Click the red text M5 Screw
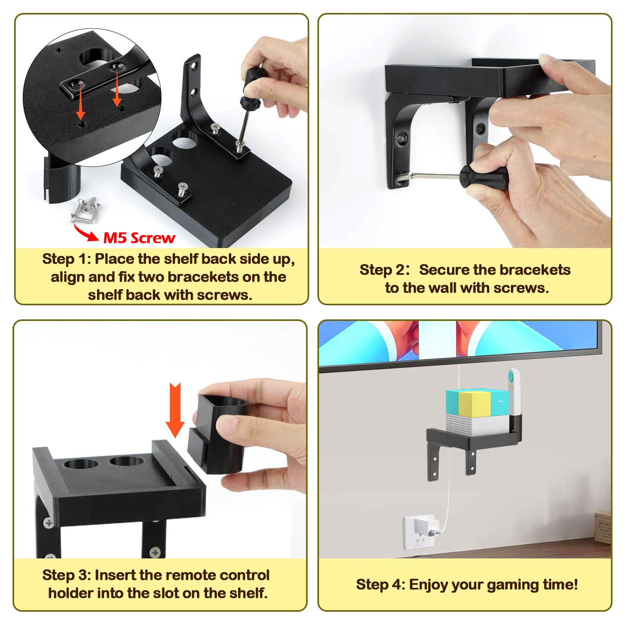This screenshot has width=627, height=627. tap(139, 237)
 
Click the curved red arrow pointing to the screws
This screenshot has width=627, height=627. tap(86, 233)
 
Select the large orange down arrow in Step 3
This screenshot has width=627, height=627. tap(175, 410)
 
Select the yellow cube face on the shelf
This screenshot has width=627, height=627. tap(474, 404)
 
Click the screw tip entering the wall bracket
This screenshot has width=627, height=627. tap(404, 176)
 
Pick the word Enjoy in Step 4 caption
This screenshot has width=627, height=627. tap(429, 585)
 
